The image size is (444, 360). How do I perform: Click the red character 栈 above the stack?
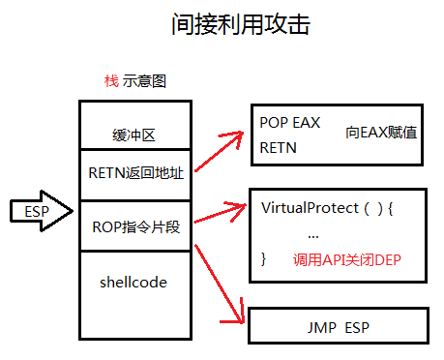tap(111, 81)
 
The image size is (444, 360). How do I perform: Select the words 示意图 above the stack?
tap(145, 81)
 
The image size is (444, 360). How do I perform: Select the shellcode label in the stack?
tap(133, 283)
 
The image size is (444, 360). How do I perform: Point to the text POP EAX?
tap(289, 124)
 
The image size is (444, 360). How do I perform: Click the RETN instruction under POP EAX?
tap(279, 148)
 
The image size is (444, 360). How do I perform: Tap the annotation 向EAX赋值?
tap(381, 131)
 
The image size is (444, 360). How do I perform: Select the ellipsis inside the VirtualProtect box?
tap(312, 234)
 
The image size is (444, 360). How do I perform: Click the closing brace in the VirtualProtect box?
tap(264, 259)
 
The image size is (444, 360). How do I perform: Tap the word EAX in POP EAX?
tap(306, 124)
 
